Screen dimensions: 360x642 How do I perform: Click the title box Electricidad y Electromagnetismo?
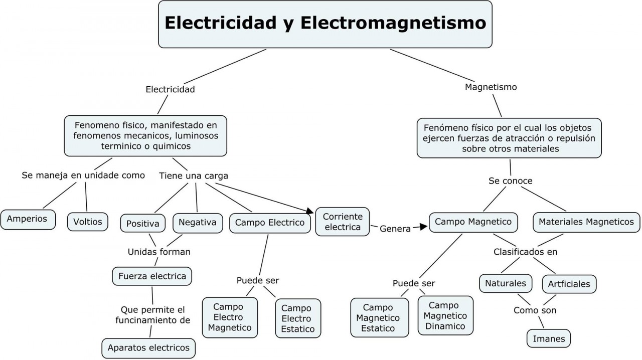tap(325, 24)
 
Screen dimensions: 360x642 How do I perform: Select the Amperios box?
tap(28, 219)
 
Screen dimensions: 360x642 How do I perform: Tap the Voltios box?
tap(88, 221)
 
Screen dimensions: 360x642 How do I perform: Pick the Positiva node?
tap(143, 223)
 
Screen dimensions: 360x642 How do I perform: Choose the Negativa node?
tap(198, 222)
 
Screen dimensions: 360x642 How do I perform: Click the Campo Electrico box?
tap(270, 223)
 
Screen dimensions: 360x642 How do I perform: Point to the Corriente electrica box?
tap(343, 222)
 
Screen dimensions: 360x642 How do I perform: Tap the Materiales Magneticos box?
tap(586, 222)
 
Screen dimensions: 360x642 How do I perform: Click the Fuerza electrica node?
tap(152, 276)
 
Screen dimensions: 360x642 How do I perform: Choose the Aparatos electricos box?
tap(148, 347)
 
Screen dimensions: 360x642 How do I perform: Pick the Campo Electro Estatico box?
tap(298, 318)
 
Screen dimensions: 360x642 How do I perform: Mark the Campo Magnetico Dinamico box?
tap(445, 316)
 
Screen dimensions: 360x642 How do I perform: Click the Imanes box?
tap(549, 338)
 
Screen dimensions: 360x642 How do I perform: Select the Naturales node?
tap(505, 283)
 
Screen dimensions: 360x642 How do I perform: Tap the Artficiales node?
tap(569, 284)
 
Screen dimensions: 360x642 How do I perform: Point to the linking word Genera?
tap(395, 229)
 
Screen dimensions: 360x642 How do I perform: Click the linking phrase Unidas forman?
tap(159, 252)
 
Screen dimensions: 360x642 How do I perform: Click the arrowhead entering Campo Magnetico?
tap(424, 227)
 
